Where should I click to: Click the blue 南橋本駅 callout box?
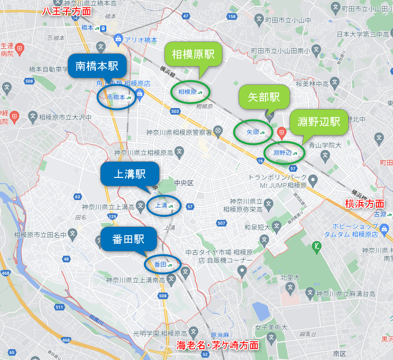click(97, 67)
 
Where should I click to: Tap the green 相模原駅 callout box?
click(193, 54)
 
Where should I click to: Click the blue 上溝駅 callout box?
click(130, 175)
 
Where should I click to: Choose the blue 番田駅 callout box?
click(128, 239)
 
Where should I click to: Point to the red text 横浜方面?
click(365, 204)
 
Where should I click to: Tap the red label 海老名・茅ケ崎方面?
click(218, 345)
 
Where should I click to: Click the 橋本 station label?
click(88, 28)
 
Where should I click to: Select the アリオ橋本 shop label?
click(140, 40)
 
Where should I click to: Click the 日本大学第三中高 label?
click(363, 34)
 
